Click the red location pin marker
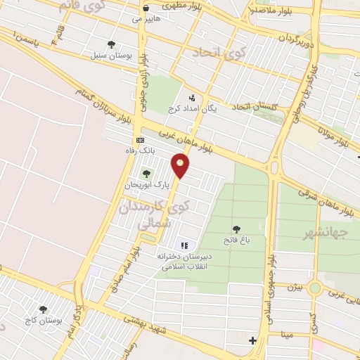181,165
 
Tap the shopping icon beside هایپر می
146,9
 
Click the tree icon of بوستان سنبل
112,44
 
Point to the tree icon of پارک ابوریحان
146,173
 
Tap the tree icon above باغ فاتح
236,229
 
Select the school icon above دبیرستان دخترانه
185,245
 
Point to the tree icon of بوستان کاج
43,309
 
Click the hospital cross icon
253,341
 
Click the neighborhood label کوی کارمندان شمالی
162,214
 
